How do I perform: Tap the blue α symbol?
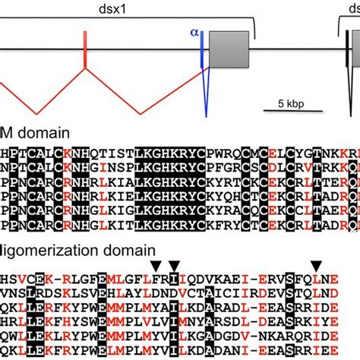tap(194, 33)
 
